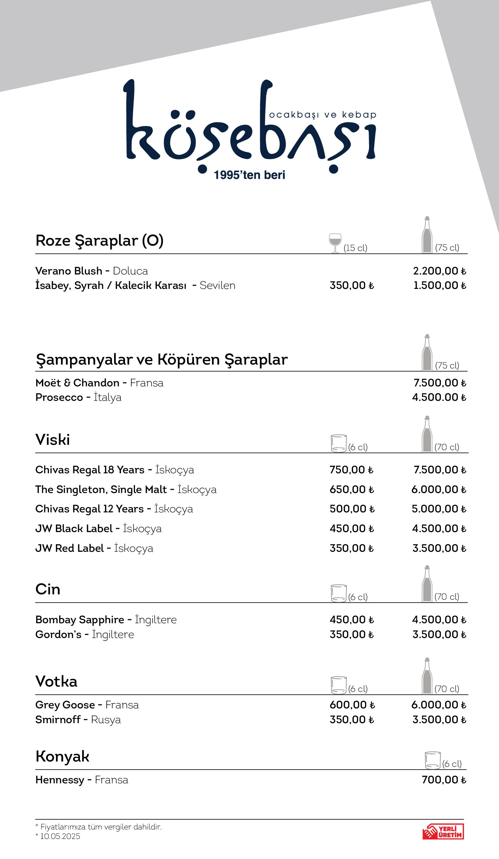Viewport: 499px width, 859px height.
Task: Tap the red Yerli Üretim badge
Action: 443,831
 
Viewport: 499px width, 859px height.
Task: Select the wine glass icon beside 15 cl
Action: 335,242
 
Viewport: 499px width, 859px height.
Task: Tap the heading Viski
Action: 53,440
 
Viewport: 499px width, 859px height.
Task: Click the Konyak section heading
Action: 62,757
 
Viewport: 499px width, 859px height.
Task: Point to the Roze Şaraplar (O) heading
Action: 99,241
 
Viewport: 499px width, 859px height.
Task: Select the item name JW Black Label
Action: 74,529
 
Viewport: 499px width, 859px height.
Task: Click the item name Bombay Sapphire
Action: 80,620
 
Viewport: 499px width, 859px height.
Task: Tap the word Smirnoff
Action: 58,720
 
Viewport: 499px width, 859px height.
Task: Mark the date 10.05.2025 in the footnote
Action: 60,836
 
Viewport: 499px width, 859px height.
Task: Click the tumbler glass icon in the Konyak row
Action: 432,760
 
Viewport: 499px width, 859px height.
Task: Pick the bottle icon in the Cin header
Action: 427,584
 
